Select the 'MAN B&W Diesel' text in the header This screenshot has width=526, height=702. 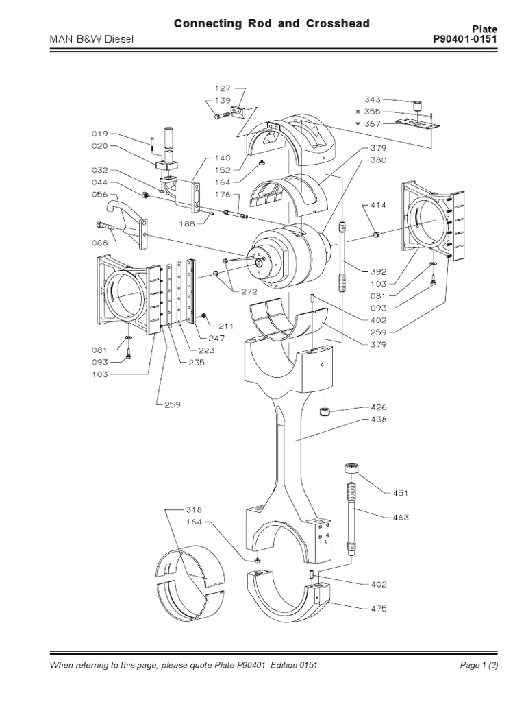pos(90,39)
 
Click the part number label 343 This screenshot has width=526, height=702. pos(373,99)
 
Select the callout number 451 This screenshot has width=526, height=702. pos(401,492)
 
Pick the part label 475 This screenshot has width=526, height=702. pos(379,607)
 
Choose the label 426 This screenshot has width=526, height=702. pos(379,407)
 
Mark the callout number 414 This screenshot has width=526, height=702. pos(379,205)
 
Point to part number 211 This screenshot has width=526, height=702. pos(225,325)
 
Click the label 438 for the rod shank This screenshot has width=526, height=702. pos(379,420)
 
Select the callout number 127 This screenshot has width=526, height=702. pos(223,88)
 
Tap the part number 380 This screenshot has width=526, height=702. pos(379,161)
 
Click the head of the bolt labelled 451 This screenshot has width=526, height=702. pos(351,470)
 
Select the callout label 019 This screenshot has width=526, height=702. pos(99,134)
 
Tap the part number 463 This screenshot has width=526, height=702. pos(401,517)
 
